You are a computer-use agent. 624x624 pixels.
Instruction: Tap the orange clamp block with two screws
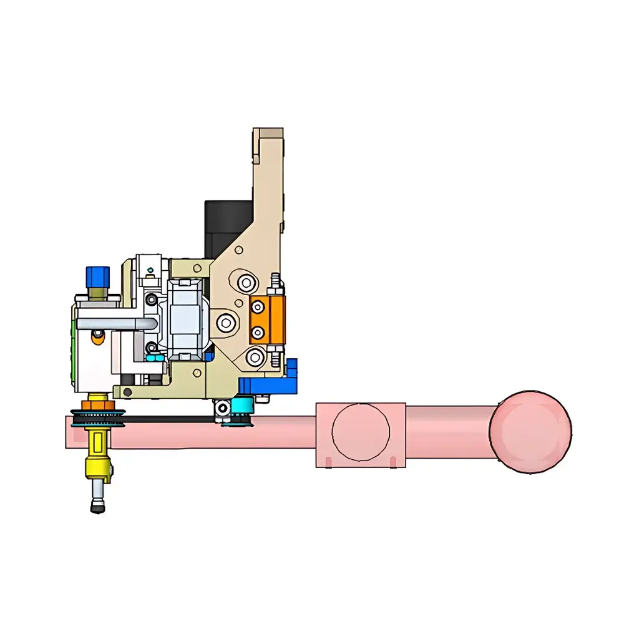point(267,319)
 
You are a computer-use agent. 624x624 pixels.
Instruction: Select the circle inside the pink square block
point(361,434)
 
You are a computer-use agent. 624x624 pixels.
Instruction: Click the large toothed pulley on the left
point(99,418)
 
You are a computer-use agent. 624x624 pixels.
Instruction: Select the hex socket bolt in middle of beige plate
point(226,322)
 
